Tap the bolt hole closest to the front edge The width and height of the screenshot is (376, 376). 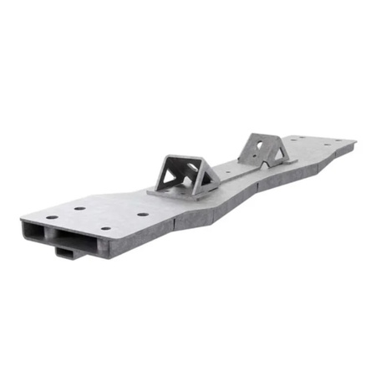106,228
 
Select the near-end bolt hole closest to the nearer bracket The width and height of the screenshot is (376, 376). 143,214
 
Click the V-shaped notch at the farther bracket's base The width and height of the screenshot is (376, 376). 265,164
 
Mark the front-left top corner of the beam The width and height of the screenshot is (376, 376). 23,218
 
